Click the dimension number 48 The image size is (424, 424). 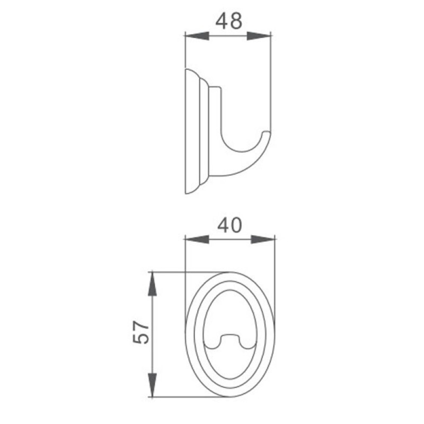[229, 21]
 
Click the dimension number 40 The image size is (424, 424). [229, 226]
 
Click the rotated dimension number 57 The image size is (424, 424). [141, 332]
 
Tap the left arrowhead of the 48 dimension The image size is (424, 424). [197, 36]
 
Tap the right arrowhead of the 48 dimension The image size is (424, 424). [259, 36]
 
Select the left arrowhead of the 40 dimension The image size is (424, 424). [197, 240]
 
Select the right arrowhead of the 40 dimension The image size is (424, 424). [263, 240]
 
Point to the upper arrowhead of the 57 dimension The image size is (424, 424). [152, 284]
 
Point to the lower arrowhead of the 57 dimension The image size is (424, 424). [152, 385]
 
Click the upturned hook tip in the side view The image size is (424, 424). [267, 132]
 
